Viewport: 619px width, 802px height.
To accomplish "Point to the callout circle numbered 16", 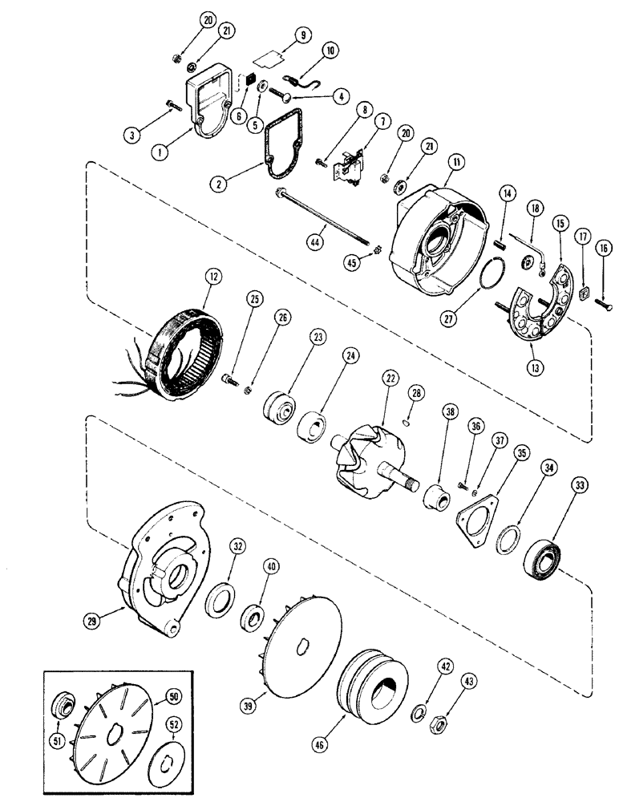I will click(602, 249).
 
